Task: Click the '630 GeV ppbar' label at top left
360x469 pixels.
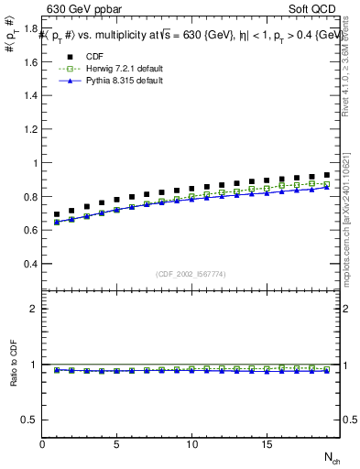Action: coord(80,11)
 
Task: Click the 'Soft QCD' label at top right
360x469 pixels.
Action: coord(317,11)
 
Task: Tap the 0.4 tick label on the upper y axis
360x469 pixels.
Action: coord(30,264)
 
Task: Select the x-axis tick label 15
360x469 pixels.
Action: coord(267,444)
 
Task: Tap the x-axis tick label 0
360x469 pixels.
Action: coord(42,444)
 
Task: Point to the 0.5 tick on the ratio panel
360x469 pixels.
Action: coord(30,420)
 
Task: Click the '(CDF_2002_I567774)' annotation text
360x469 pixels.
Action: coord(191,273)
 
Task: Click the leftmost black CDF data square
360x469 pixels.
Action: coord(57,214)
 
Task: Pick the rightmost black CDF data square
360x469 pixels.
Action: coord(326,174)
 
